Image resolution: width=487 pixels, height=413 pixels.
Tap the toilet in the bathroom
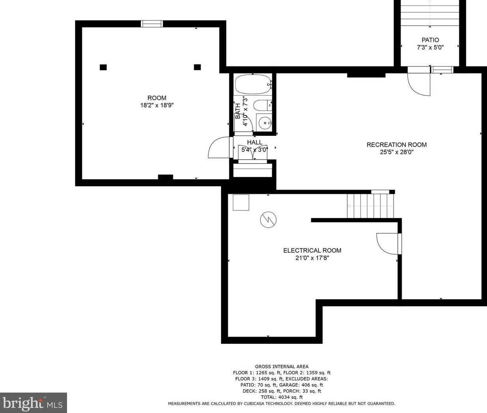pyautogui.click(x=263, y=105)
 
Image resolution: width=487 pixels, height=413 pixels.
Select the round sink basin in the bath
pyautogui.click(x=265, y=123)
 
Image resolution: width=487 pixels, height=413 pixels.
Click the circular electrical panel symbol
pyautogui.click(x=268, y=220)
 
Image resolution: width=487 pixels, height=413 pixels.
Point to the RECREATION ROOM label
pyautogui.click(x=397, y=145)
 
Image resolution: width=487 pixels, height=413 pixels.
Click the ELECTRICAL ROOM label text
pyautogui.click(x=312, y=250)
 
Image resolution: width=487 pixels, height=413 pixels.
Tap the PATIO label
pyautogui.click(x=430, y=40)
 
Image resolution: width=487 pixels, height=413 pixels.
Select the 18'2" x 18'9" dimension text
pyautogui.click(x=157, y=105)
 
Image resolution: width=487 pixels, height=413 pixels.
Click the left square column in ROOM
pyautogui.click(x=103, y=67)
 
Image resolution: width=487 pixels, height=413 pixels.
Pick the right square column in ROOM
pyautogui.click(x=197, y=67)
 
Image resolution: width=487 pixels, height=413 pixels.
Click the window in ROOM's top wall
pyautogui.click(x=152, y=24)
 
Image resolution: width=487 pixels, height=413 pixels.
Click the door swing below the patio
pyautogui.click(x=419, y=81)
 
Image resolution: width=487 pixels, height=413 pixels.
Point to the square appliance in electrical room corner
pyautogui.click(x=241, y=202)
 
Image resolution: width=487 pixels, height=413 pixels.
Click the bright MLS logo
pyautogui.click(x=33, y=402)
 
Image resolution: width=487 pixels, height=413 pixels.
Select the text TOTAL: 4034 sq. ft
pyautogui.click(x=281, y=397)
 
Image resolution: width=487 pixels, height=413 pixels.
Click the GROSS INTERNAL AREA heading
pyautogui.click(x=281, y=366)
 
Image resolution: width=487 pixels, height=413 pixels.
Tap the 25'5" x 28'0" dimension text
pyautogui.click(x=397, y=152)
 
